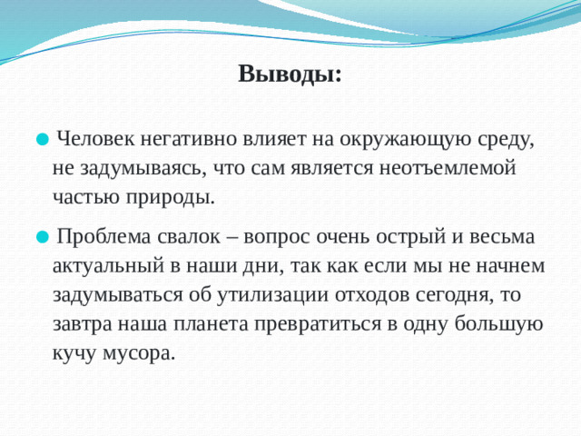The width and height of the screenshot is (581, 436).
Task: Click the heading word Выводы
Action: point(290,74)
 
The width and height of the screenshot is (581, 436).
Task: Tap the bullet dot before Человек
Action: point(41,141)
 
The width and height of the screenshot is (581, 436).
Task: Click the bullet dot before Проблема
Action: point(41,239)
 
